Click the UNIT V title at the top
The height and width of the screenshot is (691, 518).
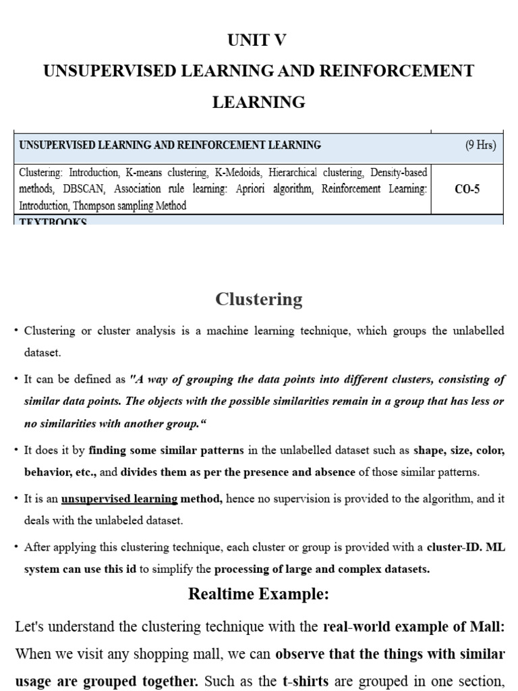coord(258,40)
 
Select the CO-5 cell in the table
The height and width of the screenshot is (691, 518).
coord(467,190)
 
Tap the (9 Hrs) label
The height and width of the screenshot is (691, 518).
coord(480,145)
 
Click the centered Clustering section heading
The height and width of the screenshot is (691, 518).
coord(258,299)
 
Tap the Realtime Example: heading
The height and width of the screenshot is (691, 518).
coord(258,594)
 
